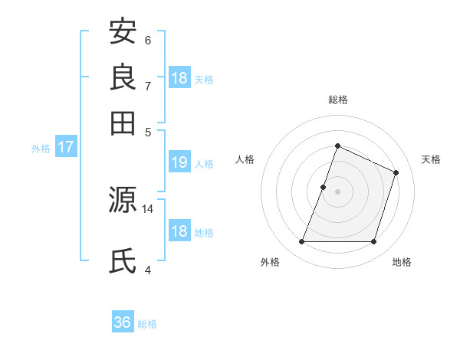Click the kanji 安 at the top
click(x=123, y=31)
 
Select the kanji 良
click(x=123, y=77)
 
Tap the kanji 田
click(x=123, y=122)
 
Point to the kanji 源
click(x=123, y=201)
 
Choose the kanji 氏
click(x=123, y=261)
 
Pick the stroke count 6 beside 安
click(x=148, y=41)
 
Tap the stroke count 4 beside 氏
click(x=148, y=269)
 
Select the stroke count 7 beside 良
click(x=148, y=85)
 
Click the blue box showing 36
click(x=123, y=322)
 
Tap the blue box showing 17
click(x=66, y=147)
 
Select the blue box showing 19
click(x=179, y=162)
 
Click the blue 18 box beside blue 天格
click(x=179, y=78)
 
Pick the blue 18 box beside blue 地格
click(x=179, y=231)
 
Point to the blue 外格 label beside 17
click(x=41, y=149)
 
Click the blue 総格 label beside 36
click(x=147, y=324)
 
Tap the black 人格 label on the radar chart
click(x=245, y=159)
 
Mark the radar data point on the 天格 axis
click(x=396, y=172)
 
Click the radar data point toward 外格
click(x=301, y=242)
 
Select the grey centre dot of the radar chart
click(x=337, y=191)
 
